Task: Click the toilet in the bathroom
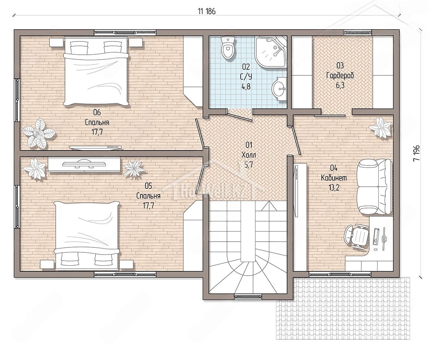[228, 48]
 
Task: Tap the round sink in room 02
[279, 89]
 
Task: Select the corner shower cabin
[271, 52]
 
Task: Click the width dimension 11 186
[207, 11]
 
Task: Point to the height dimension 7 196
[416, 153]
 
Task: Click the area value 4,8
[246, 87]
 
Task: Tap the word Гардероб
[340, 76]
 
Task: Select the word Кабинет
[334, 178]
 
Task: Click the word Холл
[248, 155]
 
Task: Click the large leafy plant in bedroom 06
[39, 134]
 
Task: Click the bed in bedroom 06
[96, 71]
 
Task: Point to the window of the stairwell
[248, 296]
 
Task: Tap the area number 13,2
[334, 188]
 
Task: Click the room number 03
[340, 65]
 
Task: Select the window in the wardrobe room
[358, 33]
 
